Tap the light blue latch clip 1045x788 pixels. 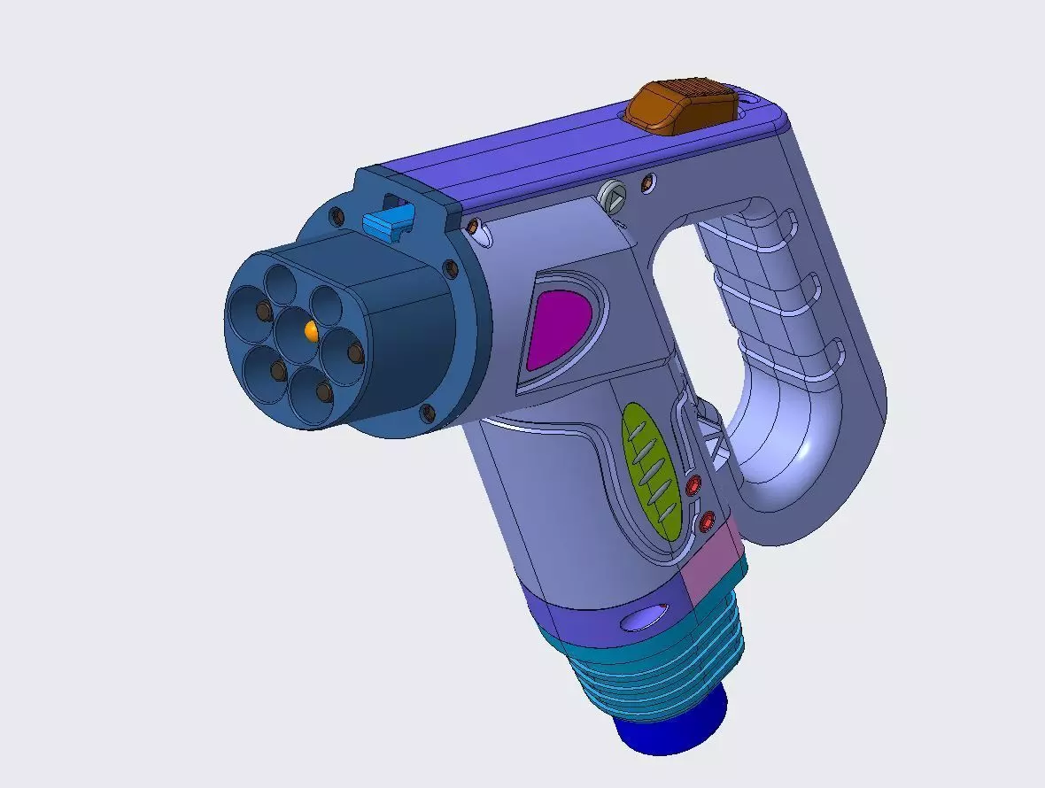388,222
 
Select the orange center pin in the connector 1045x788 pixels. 310,330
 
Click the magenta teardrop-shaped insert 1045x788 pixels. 557,328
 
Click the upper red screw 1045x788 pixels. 693,484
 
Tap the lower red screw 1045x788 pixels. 708,522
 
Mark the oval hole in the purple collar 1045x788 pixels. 645,618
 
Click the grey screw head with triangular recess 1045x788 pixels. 612,195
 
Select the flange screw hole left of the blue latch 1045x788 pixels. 337,214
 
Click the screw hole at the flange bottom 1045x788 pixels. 428,413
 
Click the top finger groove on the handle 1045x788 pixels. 779,221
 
